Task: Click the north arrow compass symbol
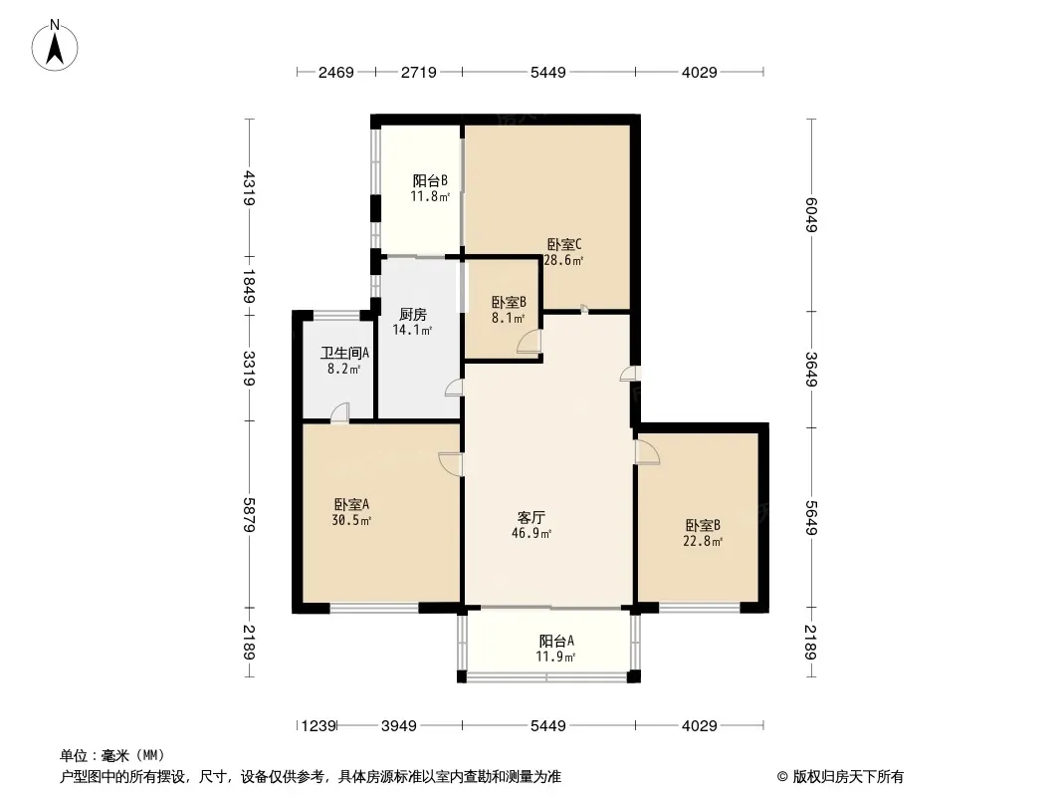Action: [55, 46]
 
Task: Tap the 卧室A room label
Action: [351, 504]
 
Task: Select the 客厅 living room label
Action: [531, 517]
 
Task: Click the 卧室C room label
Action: [564, 244]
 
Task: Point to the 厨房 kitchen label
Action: [413, 314]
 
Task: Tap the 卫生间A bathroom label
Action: [344, 353]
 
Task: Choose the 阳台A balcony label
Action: [557, 641]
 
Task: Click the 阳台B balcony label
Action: [430, 180]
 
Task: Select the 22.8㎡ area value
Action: [703, 541]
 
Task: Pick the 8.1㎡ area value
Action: [509, 318]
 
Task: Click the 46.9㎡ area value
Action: [531, 533]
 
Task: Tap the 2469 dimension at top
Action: [336, 72]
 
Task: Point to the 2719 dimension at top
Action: [419, 72]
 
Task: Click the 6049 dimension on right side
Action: [811, 214]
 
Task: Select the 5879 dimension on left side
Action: [250, 515]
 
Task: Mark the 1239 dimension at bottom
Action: [318, 726]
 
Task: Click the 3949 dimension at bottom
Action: [399, 726]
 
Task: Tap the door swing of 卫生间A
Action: [339, 412]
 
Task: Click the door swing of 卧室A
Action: [450, 464]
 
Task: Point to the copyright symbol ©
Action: [782, 777]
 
